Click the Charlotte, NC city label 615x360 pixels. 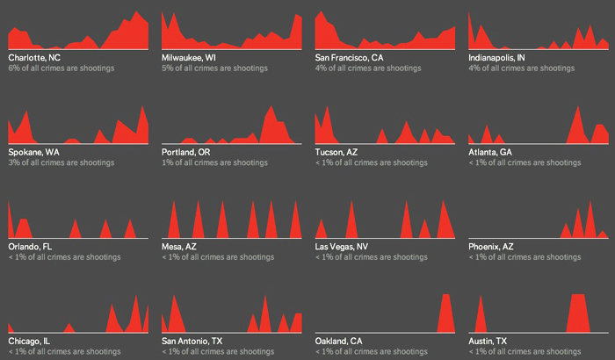point(34,58)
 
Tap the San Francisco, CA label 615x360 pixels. point(350,58)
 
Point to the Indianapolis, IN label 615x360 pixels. point(497,58)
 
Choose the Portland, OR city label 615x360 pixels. point(186,152)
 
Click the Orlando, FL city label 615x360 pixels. point(31,247)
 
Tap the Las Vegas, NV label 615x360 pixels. point(342,247)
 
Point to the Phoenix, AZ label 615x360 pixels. point(491,247)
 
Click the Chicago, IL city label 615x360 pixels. point(29,341)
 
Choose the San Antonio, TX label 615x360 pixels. point(192,341)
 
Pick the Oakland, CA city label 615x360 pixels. point(339,341)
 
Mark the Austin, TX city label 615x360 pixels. point(488,341)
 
